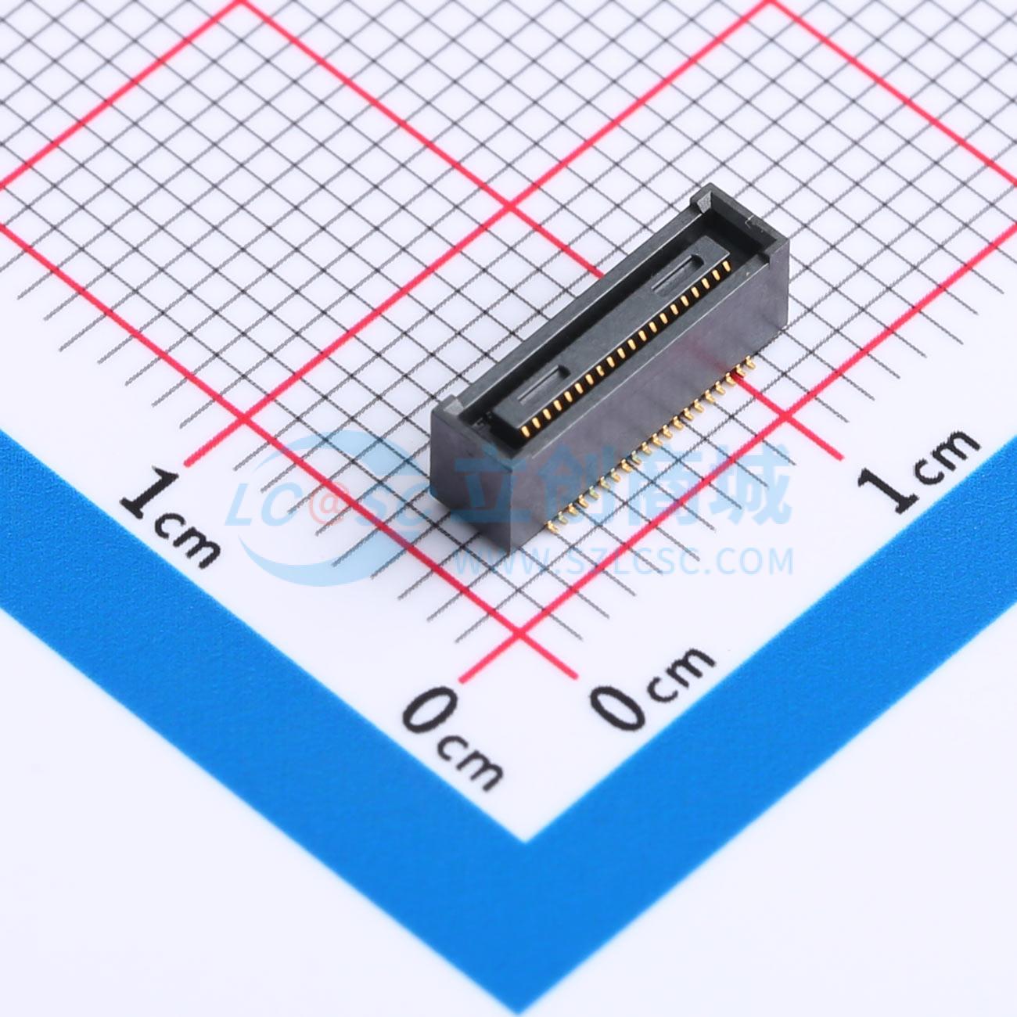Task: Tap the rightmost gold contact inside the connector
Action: click(726, 268)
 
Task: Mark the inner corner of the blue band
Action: click(523, 841)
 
